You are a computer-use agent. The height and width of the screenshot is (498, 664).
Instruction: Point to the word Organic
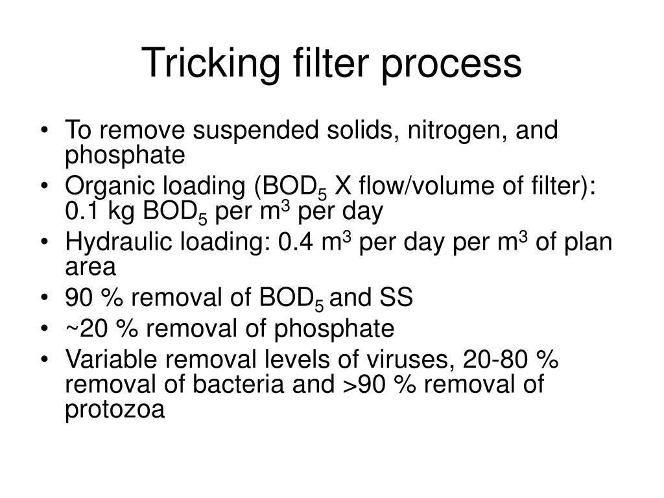106,187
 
